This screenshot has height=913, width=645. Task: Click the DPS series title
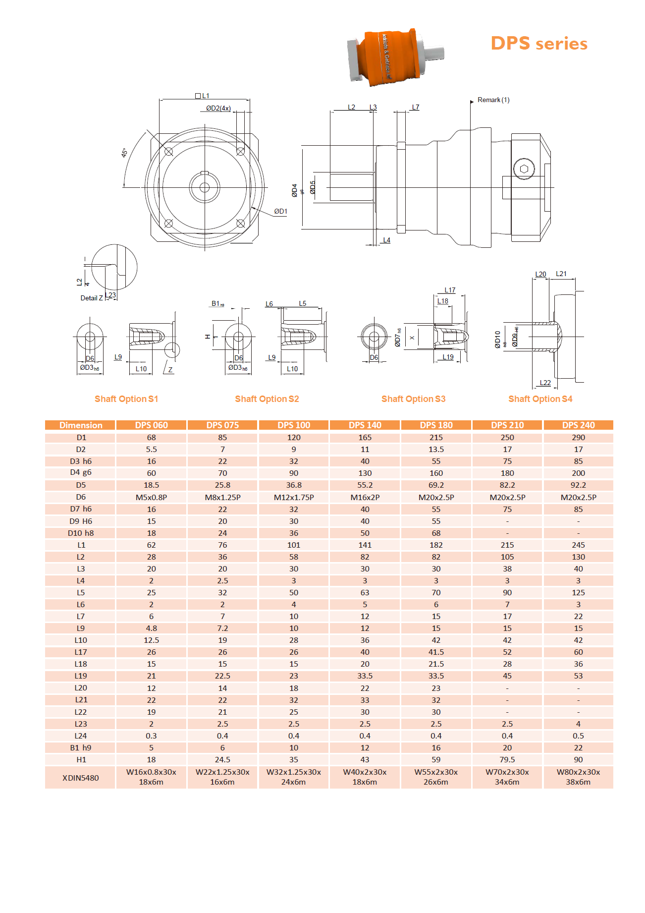[539, 44]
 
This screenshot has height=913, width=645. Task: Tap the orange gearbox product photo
[395, 57]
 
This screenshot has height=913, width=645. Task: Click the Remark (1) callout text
[493, 100]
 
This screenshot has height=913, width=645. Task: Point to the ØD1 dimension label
[281, 212]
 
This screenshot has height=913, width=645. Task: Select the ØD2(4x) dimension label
[218, 108]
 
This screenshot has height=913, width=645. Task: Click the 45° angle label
[124, 153]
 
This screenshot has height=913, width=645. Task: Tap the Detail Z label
[92, 298]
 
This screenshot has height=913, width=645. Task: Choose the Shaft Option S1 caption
[126, 399]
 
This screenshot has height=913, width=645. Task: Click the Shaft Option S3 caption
[414, 399]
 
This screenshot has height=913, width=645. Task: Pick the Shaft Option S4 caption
[540, 399]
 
